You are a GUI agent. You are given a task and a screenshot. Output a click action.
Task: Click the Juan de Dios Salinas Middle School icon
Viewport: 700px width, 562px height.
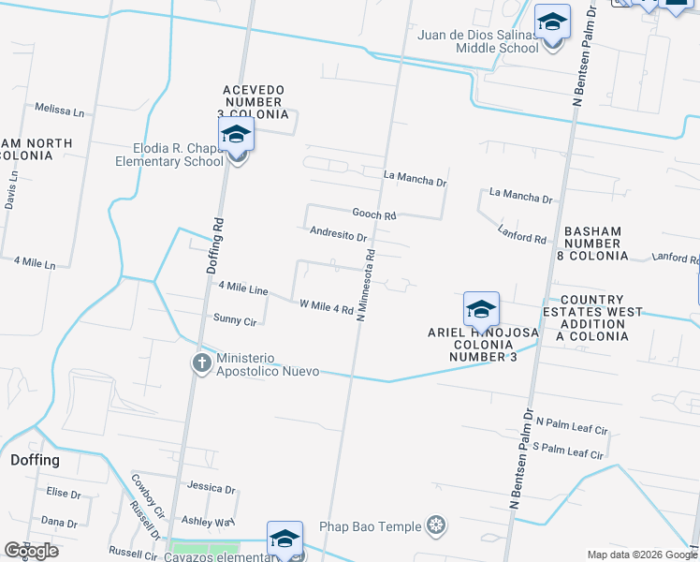tap(552, 23)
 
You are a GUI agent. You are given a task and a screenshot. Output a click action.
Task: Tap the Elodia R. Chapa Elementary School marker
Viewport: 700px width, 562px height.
tap(236, 137)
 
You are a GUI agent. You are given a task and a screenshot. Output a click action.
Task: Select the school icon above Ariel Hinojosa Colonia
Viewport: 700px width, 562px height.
tap(481, 310)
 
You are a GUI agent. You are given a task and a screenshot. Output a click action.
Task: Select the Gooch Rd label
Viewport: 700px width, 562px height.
tap(374, 214)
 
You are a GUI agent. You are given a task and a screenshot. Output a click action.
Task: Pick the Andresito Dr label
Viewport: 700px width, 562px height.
tap(338, 233)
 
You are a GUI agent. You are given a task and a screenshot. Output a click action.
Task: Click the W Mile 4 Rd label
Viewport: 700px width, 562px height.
tap(326, 306)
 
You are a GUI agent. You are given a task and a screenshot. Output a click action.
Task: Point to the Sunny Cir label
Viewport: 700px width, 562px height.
tap(235, 319)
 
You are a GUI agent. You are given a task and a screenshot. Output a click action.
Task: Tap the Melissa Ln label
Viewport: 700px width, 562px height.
tap(59, 110)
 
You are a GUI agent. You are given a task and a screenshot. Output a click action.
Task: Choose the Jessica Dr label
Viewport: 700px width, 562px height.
tap(211, 488)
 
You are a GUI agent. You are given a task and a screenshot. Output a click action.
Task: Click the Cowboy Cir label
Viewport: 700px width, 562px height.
tap(147, 495)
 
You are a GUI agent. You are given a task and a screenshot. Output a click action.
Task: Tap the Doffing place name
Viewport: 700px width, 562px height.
tap(35, 460)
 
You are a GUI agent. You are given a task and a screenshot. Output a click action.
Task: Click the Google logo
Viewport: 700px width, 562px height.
tap(30, 551)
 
